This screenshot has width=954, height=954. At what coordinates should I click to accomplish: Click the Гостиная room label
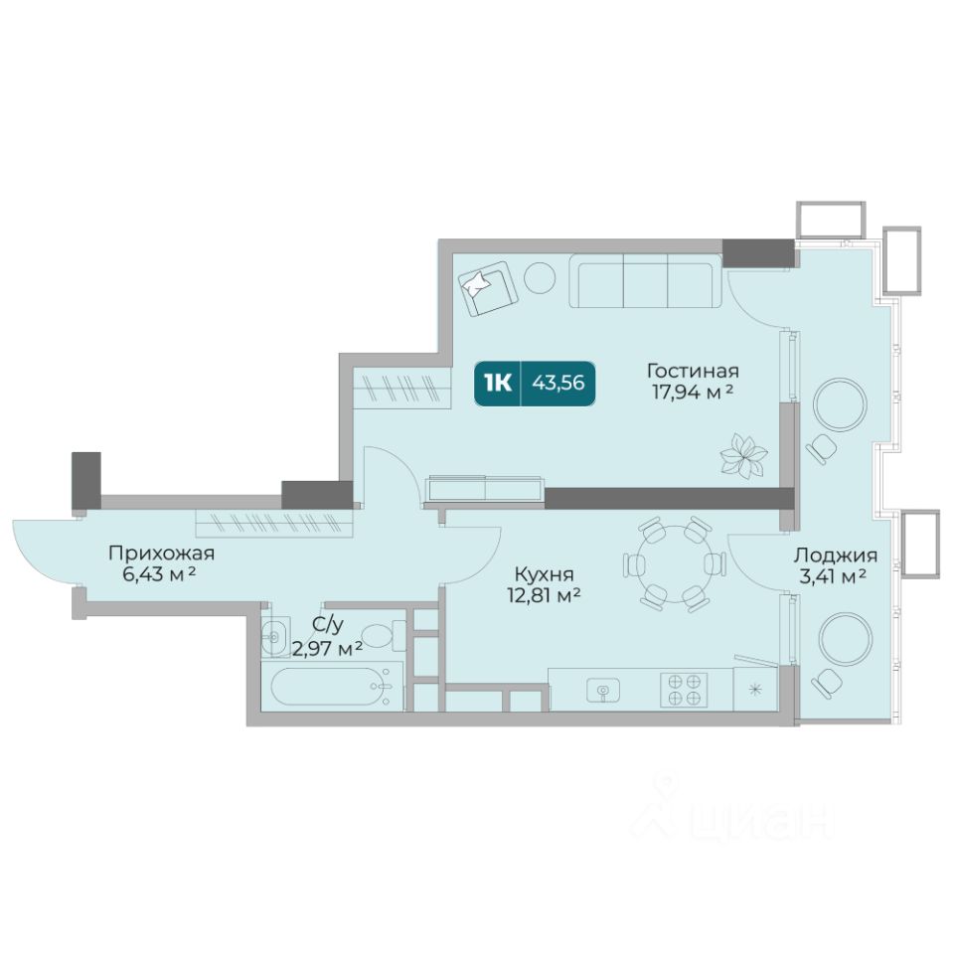(693, 371)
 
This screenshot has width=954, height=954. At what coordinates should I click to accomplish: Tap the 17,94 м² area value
(693, 392)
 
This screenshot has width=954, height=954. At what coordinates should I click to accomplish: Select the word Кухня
(544, 574)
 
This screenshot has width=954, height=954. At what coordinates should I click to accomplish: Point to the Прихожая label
(161, 554)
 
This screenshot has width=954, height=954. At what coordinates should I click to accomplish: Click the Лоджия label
(836, 555)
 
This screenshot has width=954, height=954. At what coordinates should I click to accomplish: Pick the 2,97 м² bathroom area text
(327, 649)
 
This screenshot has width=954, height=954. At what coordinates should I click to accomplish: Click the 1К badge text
(498, 384)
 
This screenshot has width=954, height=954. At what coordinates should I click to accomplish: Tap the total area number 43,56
(558, 383)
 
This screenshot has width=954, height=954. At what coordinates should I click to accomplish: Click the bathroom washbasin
(275, 637)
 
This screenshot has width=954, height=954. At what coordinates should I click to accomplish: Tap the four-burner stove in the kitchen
(684, 690)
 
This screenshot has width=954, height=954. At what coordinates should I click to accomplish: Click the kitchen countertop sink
(603, 690)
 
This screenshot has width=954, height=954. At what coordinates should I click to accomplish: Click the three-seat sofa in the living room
(645, 281)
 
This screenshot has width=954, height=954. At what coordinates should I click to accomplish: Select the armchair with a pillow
(488, 288)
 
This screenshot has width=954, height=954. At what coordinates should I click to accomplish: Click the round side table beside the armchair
(540, 277)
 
